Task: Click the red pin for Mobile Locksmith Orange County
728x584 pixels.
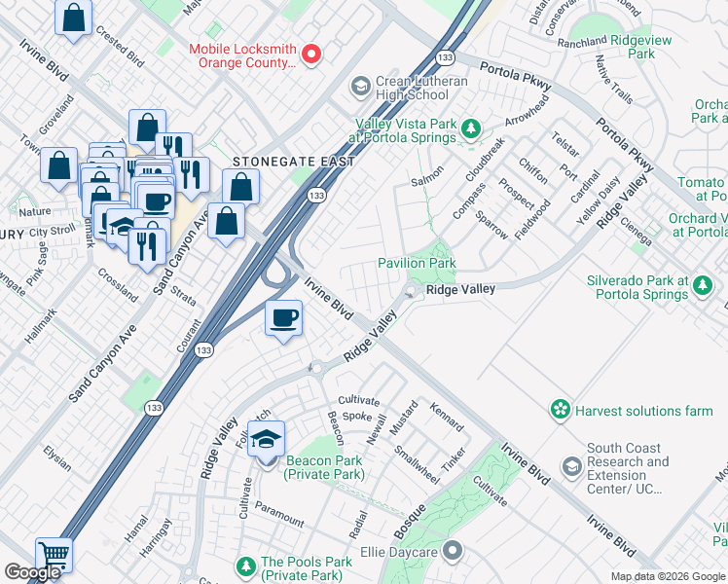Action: [311, 55]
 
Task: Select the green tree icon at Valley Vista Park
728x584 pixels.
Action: [471, 128]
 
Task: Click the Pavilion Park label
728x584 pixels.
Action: [417, 263]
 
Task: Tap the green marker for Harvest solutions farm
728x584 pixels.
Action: [560, 411]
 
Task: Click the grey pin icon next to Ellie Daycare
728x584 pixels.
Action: [452, 552]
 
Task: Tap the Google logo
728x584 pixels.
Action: [33, 572]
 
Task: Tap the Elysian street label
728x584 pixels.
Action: [57, 458]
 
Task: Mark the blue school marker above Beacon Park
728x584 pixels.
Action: [266, 439]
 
